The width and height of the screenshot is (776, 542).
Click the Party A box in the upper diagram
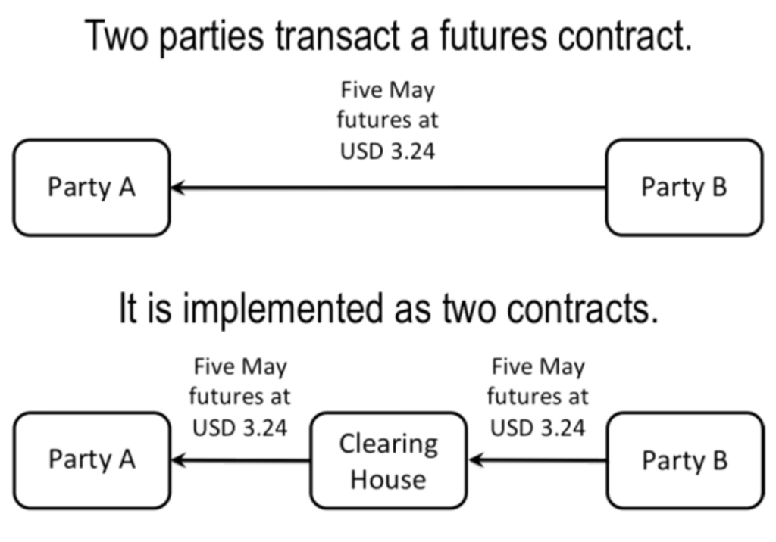tap(91, 187)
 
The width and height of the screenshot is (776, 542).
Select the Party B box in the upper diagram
tap(684, 187)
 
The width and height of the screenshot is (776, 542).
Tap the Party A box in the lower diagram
tap(91, 459)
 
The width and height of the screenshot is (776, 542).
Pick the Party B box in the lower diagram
tap(684, 459)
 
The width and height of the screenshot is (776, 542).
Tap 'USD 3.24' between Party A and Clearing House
tap(239, 428)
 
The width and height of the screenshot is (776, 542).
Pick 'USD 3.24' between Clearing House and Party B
tap(537, 428)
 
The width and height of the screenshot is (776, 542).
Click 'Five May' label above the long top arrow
tap(388, 92)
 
